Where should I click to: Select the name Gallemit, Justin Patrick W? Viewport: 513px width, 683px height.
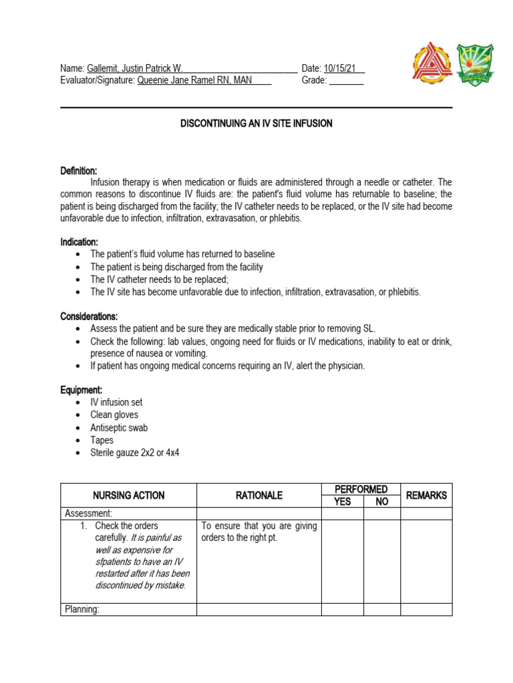point(134,68)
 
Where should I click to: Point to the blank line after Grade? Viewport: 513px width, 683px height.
point(347,81)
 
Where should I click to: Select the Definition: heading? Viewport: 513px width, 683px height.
point(79,171)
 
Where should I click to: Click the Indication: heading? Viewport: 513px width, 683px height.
point(79,241)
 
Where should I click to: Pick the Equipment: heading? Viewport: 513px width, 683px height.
point(83,390)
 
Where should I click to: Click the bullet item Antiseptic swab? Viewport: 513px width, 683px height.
point(119,428)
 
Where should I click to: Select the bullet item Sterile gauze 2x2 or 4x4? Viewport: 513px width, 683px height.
point(135,453)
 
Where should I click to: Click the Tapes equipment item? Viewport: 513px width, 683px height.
point(102,440)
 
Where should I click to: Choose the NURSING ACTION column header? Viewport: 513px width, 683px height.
point(128,496)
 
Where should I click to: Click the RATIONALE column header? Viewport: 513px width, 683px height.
point(259,496)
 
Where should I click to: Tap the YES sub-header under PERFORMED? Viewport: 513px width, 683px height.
point(342,502)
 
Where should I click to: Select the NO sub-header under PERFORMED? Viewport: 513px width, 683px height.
point(381,502)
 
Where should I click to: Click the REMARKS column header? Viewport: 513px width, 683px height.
point(425,496)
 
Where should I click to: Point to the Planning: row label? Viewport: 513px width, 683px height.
point(82,609)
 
